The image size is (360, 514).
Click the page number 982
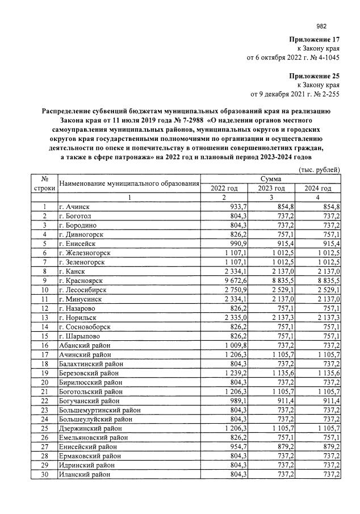321,25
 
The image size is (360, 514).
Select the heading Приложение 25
314,76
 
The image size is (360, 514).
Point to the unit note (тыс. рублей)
319,169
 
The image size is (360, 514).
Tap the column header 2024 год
317,188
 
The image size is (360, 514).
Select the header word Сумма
271,179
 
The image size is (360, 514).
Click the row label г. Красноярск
84,281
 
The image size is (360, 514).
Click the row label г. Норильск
81,317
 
